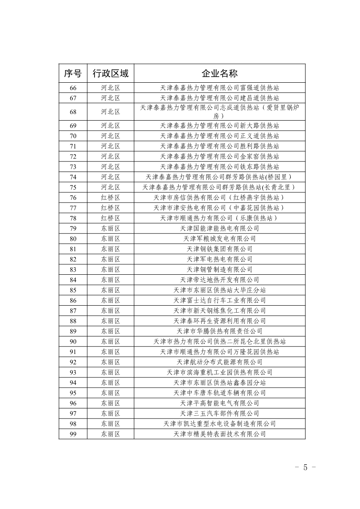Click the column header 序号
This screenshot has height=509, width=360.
click(73, 73)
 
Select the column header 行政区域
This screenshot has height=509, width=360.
click(110, 73)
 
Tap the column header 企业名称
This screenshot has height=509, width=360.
click(219, 73)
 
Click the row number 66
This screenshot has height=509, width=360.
click(73, 88)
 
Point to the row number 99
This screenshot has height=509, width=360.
click(73, 434)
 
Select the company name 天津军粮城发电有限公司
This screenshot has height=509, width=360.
click(219, 239)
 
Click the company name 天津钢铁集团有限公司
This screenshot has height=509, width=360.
click(219, 249)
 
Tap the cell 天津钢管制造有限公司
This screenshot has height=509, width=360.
click(219, 270)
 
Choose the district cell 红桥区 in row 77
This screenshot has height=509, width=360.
click(110, 208)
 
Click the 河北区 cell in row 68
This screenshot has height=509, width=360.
click(110, 111)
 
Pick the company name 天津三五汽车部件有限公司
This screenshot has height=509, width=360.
click(219, 413)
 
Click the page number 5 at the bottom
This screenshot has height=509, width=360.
click(305, 468)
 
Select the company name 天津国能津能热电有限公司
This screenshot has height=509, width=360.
click(219, 228)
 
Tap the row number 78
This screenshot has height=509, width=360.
click(73, 218)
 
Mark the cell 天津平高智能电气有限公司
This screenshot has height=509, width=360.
click(219, 403)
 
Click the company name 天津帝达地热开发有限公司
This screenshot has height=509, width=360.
click(219, 280)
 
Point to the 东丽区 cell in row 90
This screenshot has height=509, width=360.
click(110, 341)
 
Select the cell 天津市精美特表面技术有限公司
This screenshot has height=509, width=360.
click(219, 434)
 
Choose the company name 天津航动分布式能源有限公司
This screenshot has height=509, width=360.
click(219, 362)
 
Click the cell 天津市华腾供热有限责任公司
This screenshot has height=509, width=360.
click(219, 331)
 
